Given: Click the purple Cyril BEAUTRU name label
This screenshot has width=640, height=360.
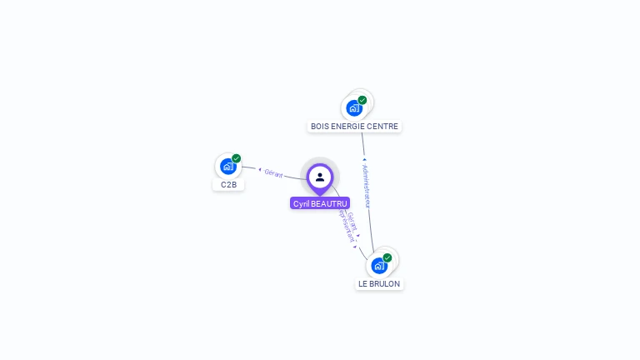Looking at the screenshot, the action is (320, 203).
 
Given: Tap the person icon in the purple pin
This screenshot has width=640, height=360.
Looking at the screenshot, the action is (320, 177).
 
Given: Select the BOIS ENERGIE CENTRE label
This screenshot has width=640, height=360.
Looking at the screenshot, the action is (354, 127).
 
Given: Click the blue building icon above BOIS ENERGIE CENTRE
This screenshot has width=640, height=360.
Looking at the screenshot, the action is (354, 108).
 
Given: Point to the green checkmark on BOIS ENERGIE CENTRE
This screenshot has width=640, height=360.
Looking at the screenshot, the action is (362, 100).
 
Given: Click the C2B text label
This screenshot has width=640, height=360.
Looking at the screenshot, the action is (228, 185).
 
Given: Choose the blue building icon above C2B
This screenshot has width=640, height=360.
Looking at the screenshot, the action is (227, 167).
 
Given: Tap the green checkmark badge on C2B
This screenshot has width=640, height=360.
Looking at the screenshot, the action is (237, 158).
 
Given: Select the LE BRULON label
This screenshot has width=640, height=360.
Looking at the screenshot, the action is (379, 283).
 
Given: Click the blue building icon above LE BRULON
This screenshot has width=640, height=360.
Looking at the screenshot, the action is (379, 266).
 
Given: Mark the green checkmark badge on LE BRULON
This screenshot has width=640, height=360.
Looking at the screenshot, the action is (387, 257).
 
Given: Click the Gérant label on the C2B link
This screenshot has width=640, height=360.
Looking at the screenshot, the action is (273, 173).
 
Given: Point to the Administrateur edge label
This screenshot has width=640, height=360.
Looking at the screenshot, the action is (367, 186).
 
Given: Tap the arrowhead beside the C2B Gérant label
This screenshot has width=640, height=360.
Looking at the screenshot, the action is (259, 170).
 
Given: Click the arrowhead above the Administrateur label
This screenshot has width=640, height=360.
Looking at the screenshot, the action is (364, 158).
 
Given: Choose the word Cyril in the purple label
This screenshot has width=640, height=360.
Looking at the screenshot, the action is (301, 203).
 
